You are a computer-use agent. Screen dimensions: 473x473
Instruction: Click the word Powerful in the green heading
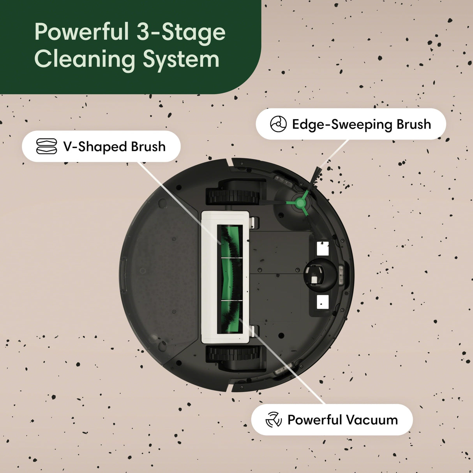point(82,32)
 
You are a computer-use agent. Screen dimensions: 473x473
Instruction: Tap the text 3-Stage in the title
point(181,32)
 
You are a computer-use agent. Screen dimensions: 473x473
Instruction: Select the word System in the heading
point(181,59)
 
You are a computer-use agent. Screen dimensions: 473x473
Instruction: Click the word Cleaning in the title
point(85,59)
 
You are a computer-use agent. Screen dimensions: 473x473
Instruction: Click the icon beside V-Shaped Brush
point(46,146)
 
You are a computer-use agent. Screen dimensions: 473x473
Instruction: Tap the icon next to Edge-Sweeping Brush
point(278,124)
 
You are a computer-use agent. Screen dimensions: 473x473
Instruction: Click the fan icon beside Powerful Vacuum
point(274,420)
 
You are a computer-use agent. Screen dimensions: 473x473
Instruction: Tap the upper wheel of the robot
point(233,196)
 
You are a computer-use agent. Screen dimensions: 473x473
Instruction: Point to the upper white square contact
point(323,248)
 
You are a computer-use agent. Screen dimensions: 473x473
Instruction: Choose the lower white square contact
point(323,302)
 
